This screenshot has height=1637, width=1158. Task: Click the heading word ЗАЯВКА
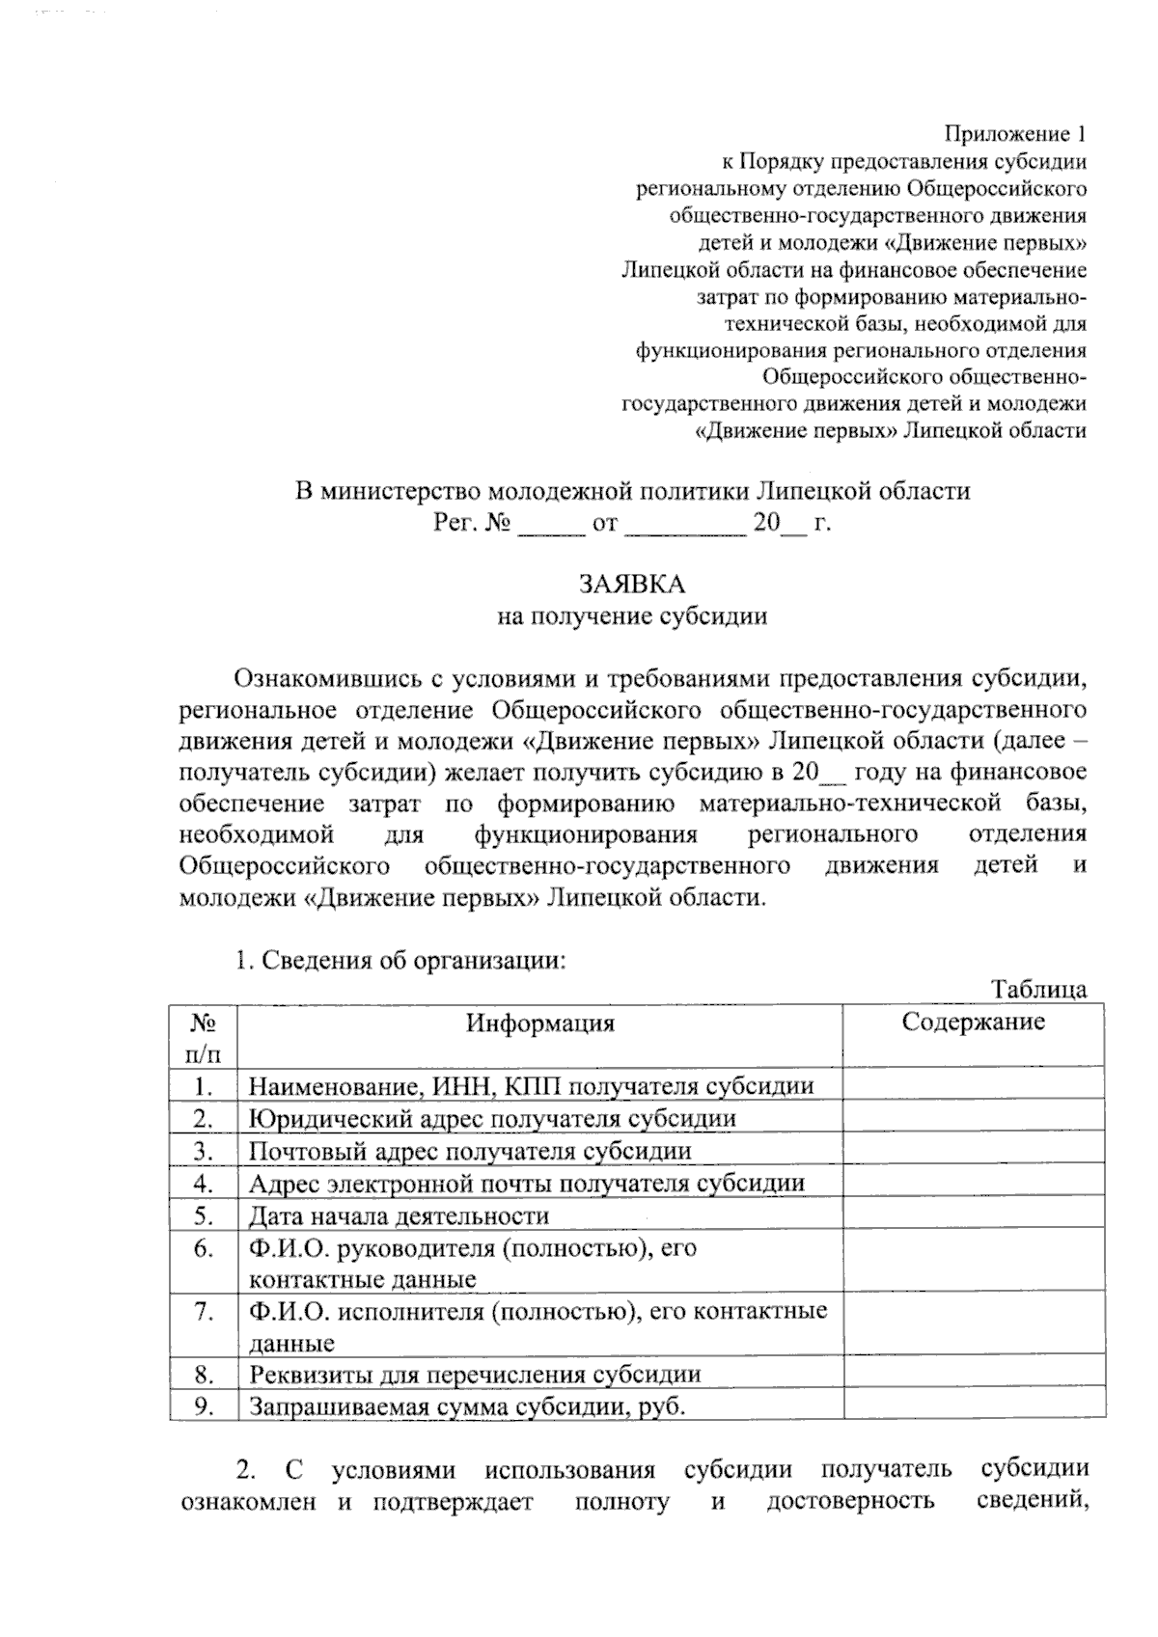(632, 585)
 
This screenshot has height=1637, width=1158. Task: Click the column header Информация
(540, 1023)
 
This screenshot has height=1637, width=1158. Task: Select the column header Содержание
(973, 1022)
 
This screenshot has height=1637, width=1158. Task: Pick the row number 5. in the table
(203, 1215)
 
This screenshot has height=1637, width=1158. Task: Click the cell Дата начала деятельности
(399, 1215)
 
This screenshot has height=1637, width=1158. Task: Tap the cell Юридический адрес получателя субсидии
(492, 1119)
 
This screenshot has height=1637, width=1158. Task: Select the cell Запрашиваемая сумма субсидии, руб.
(467, 1406)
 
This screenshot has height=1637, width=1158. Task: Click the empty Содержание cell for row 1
(973, 1086)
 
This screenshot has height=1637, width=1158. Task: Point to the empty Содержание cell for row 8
(973, 1374)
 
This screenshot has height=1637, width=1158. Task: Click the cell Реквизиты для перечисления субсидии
(475, 1374)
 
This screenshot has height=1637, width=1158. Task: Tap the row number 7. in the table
(203, 1311)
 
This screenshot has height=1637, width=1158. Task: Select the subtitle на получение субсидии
(632, 616)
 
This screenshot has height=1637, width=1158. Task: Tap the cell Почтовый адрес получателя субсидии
(470, 1151)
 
